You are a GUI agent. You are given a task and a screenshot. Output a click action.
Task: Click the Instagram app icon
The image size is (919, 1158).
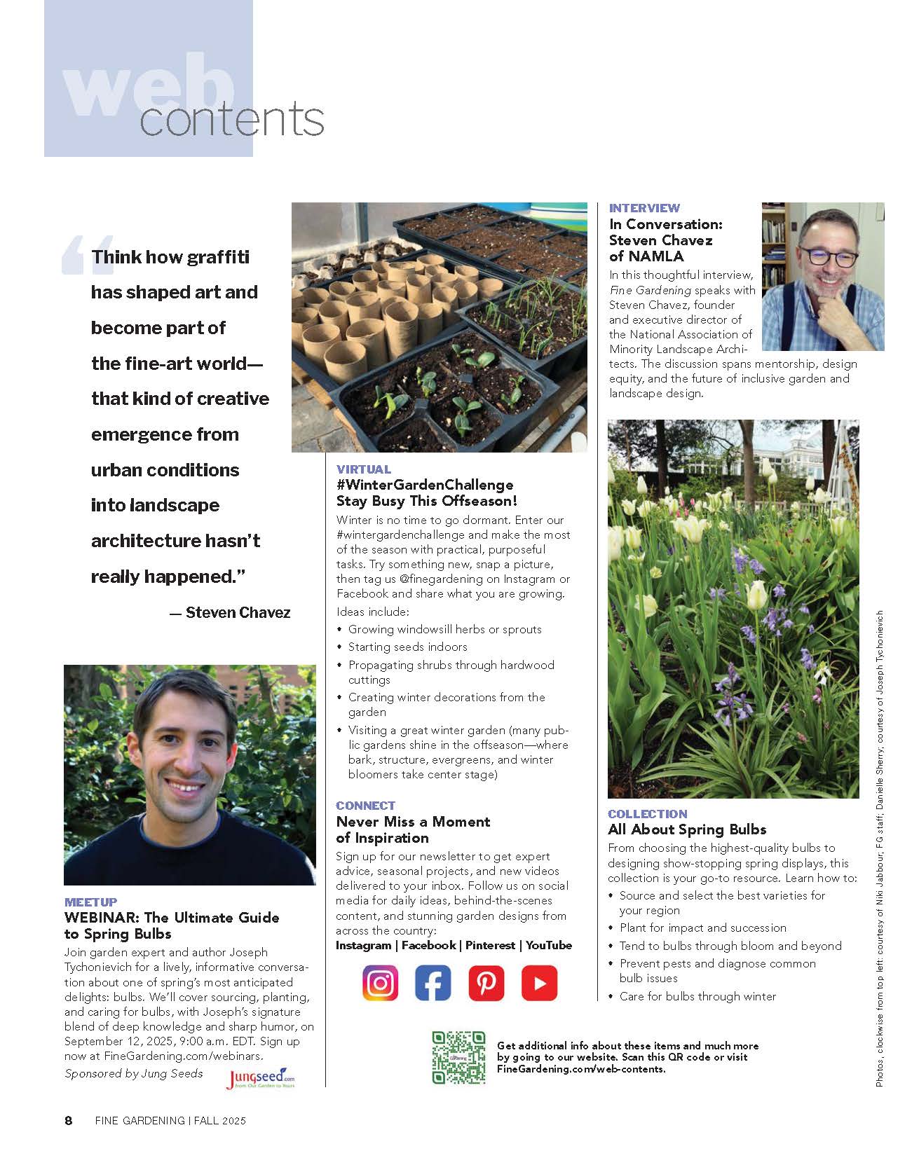point(381,982)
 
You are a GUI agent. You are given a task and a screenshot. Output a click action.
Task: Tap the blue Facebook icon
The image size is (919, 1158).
point(433,982)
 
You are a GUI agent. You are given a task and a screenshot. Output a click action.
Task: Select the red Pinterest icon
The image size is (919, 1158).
point(486,982)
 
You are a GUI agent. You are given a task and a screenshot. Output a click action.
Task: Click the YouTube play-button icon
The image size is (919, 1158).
point(539,982)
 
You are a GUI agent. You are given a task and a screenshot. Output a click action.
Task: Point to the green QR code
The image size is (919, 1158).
point(458,1057)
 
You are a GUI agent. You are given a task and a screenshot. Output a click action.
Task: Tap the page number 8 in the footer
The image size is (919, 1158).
point(69,1120)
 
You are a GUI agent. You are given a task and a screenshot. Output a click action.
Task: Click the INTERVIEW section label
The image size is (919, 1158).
point(644,208)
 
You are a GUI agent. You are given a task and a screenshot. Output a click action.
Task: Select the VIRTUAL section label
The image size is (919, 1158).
point(364,469)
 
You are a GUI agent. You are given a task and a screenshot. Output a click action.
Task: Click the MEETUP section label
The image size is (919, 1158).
point(91,902)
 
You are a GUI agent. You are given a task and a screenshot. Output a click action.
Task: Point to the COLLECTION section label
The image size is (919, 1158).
point(648,814)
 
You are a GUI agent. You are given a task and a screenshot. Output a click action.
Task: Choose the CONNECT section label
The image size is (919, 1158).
point(365,806)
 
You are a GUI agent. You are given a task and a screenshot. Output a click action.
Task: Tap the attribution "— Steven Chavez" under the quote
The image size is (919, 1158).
point(231,612)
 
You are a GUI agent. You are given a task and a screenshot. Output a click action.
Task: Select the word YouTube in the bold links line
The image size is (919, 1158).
point(549,945)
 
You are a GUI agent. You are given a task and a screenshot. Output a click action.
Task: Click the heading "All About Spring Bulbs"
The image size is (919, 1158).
point(687,829)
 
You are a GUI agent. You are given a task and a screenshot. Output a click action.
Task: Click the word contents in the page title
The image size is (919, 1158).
point(232,120)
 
